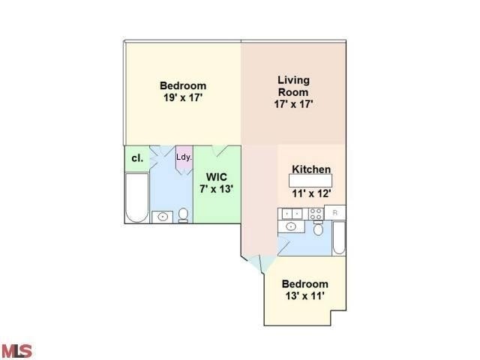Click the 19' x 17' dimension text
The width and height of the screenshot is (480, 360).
(183, 98)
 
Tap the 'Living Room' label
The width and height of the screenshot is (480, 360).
(293, 85)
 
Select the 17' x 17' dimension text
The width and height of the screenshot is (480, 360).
(293, 104)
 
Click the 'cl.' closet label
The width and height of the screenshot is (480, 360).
(136, 158)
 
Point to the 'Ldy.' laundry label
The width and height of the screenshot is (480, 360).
(184, 157)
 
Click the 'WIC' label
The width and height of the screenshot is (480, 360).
(217, 177)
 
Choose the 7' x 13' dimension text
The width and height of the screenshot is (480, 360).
(217, 189)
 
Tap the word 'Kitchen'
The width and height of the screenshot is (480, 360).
(311, 169)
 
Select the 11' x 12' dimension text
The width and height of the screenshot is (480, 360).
(311, 193)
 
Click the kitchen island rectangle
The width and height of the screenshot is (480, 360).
(311, 181)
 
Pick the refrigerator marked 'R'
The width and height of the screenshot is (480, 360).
(336, 213)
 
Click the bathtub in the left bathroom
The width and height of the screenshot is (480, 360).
(136, 198)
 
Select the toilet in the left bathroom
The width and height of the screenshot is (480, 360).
(183, 216)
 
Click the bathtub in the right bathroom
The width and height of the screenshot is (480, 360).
(338, 242)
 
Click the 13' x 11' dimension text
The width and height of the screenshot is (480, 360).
(304, 297)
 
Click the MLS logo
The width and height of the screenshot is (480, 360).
(17, 350)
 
